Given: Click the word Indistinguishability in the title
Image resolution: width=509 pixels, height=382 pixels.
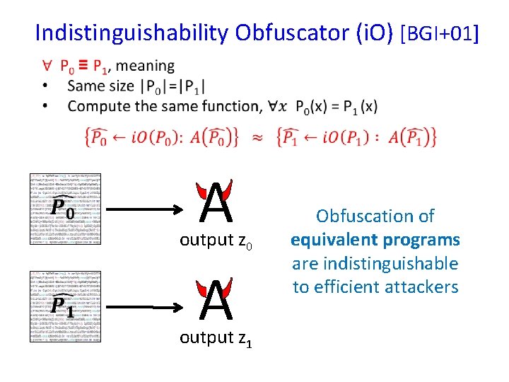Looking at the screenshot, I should point(132,33).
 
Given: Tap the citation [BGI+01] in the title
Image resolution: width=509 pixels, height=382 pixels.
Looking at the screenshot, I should point(439,33).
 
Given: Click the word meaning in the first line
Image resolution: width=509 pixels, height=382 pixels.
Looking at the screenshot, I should point(145,66).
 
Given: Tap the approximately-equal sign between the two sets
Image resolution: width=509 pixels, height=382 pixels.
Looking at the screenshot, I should point(257,136).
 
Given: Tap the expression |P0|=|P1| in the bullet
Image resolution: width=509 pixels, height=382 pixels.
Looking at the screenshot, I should point(171,87).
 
